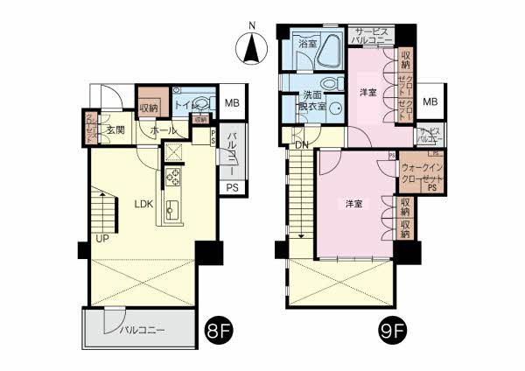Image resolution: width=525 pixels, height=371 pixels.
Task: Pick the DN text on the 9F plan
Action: click(300, 145)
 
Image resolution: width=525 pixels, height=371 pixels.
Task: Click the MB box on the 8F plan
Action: click(232, 102)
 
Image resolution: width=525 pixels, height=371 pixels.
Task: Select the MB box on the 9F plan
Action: click(430, 102)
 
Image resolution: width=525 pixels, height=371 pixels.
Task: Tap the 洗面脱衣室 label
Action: click(312, 101)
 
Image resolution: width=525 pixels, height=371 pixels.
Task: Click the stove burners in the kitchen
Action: click(172, 177)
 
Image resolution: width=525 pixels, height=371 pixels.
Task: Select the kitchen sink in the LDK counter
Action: click(172, 211)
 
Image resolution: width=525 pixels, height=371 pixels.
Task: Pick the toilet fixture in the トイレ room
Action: click(201, 103)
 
